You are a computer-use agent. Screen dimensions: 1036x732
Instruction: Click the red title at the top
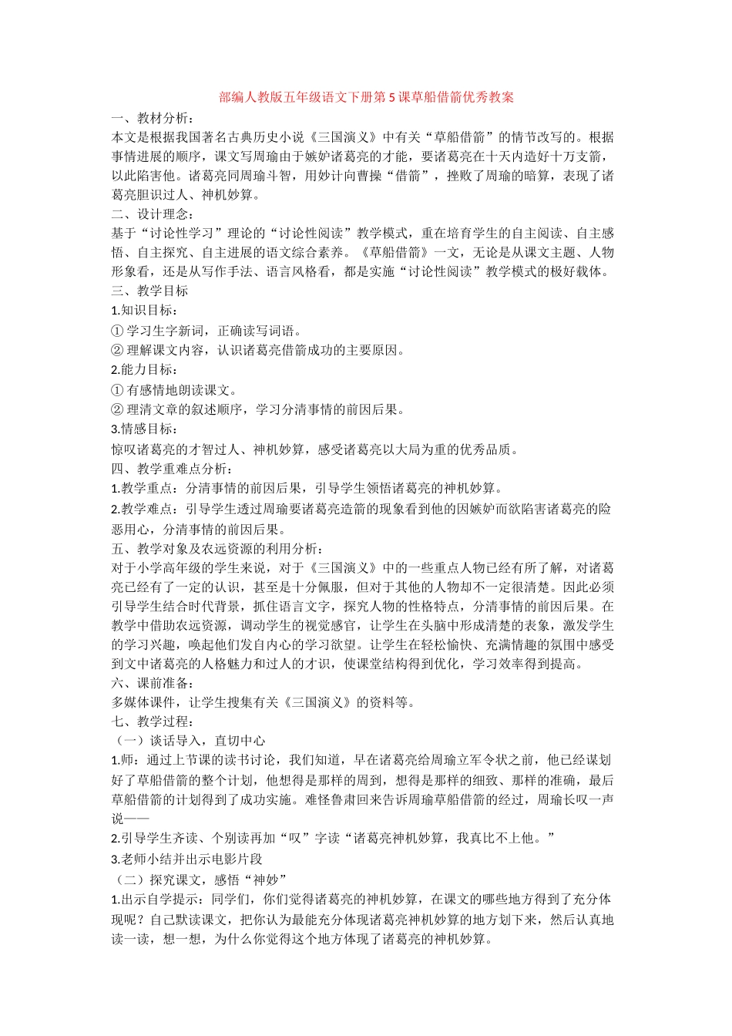(366, 98)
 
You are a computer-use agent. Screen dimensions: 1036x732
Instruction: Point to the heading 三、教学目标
(150, 291)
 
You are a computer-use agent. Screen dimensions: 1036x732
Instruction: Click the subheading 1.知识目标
(144, 310)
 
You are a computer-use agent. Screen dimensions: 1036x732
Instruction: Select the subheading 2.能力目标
(144, 369)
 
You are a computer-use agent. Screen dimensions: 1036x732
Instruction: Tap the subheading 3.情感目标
(144, 429)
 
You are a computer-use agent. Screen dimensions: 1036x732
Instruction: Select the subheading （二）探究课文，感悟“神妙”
(200, 880)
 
